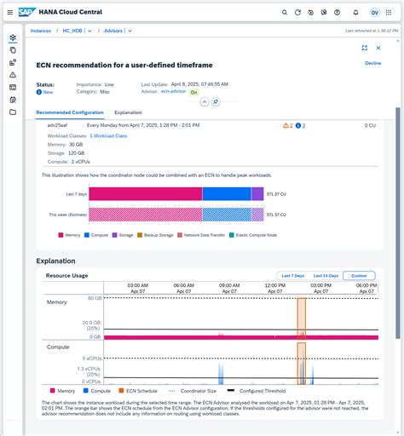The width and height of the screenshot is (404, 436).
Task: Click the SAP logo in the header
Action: (27, 12)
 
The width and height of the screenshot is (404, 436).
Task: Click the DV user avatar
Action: (375, 13)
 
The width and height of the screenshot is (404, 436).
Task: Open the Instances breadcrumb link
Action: (41, 31)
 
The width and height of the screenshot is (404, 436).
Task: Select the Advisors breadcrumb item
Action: (113, 31)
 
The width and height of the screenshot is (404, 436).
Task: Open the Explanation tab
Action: (128, 112)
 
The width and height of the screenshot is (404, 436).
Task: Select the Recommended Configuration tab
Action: (71, 112)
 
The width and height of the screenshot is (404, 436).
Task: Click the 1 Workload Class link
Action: (108, 135)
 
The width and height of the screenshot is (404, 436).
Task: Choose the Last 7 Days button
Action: (292, 276)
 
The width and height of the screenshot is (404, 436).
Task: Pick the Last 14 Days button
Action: (326, 276)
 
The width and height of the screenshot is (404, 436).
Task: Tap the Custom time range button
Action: (359, 276)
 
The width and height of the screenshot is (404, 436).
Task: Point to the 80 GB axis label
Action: (93, 299)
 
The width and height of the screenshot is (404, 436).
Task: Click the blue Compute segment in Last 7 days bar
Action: (227, 193)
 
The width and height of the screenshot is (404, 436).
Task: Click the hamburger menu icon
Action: (9, 12)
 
